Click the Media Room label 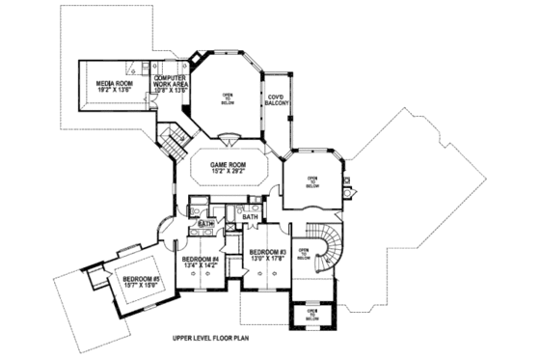tap(115, 84)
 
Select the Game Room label tap(229, 164)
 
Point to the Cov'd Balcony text tap(278, 99)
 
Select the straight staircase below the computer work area tap(172, 143)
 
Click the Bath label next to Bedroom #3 tap(250, 218)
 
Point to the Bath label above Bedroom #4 tap(204, 224)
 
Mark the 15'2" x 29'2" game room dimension tap(229, 172)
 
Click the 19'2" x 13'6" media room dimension tap(114, 91)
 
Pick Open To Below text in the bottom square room tap(311, 314)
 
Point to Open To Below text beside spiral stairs tap(303, 254)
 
